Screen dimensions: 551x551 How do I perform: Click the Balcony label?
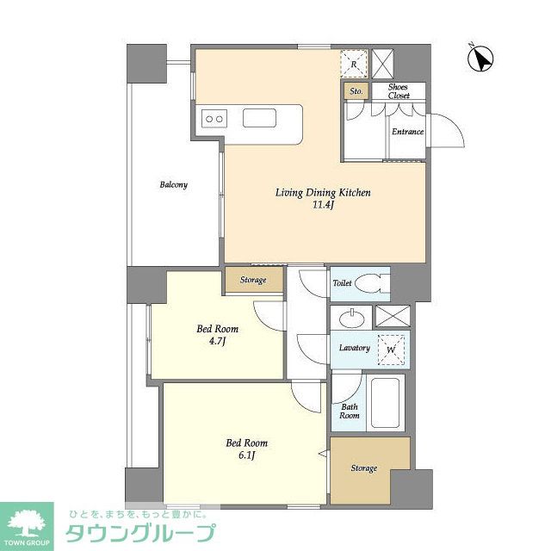pos(173,184)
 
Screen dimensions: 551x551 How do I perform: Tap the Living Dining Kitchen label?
pos(323,193)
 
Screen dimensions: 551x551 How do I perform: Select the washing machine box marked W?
pos(392,350)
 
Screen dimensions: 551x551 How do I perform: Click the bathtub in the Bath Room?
pos(387,402)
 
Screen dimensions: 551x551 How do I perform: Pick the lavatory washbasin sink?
pos(352,318)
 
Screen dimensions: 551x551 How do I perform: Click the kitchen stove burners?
pos(214,118)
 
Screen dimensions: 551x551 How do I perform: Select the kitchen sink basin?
pos(259,118)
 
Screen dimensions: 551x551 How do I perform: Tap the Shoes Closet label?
pos(398,91)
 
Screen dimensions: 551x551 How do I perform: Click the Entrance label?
pos(407,132)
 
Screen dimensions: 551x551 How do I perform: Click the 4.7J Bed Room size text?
pos(217,342)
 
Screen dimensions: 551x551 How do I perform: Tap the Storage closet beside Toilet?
pos(253,280)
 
